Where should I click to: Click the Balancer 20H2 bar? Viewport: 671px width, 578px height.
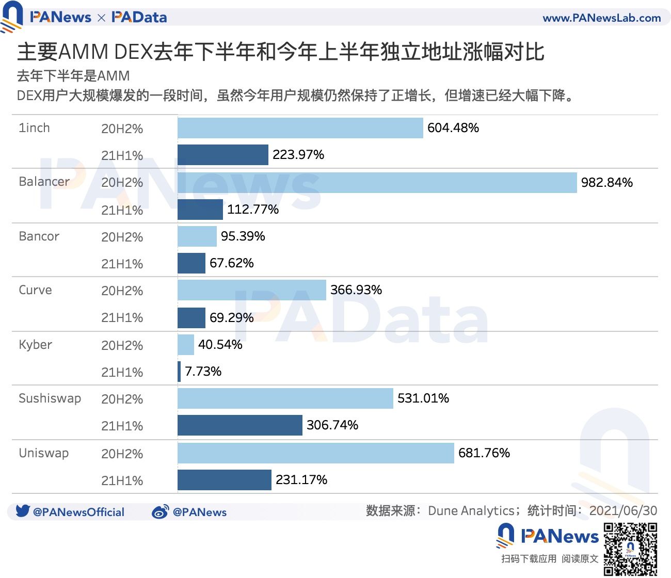[x=377, y=183]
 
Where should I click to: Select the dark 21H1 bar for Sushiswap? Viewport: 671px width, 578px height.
[x=239, y=425]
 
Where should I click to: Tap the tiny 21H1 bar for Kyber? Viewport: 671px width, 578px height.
[x=179, y=372]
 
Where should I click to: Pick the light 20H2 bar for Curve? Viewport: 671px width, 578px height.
[x=251, y=290]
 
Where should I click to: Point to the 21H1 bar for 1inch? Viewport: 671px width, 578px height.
[x=222, y=155]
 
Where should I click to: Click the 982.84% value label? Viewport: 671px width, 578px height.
[x=606, y=183]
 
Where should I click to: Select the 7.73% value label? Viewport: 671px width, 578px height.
[x=203, y=372]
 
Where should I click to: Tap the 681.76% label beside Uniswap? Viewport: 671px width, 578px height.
[x=484, y=453]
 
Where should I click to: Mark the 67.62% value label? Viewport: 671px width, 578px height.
[x=231, y=263]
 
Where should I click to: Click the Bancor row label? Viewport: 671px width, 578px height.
[x=39, y=236]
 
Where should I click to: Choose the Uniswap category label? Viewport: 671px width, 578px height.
[x=43, y=453]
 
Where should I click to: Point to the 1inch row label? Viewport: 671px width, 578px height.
[x=34, y=128]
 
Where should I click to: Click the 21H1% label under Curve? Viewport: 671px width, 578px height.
[x=122, y=318]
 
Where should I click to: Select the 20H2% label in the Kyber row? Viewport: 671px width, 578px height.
[x=122, y=346]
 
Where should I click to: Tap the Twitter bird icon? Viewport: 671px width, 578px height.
[x=23, y=511]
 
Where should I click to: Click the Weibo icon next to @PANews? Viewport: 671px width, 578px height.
[x=160, y=512]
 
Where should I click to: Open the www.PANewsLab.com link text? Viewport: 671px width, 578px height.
[x=601, y=18]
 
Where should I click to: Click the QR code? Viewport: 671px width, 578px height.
[x=630, y=549]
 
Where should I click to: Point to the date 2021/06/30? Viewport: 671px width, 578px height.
[x=623, y=511]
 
